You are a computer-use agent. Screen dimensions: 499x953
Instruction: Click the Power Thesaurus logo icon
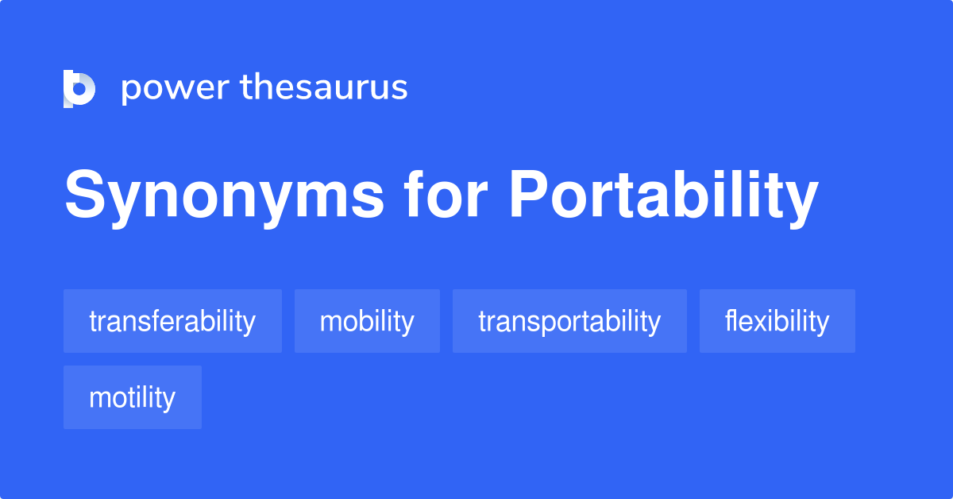(x=79, y=88)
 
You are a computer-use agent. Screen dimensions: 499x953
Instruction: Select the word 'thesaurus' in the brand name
(x=324, y=87)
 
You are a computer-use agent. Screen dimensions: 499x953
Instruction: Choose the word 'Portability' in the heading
(x=663, y=196)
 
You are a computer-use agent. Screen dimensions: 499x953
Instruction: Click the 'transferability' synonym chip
(x=172, y=321)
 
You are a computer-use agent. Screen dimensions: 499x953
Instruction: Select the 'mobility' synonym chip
(x=367, y=321)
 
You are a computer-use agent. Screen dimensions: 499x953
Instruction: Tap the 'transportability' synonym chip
(x=569, y=321)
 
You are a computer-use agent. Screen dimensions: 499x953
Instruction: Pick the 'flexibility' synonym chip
(x=777, y=321)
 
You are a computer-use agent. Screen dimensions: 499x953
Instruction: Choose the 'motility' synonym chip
(x=133, y=397)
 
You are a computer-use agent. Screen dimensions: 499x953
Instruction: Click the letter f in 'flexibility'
(x=728, y=321)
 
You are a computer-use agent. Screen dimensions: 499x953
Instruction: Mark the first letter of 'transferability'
(x=92, y=322)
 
